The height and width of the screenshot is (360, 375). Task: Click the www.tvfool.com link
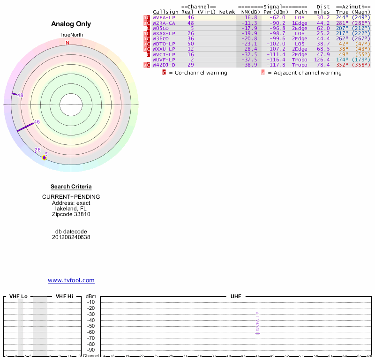[x=71, y=280]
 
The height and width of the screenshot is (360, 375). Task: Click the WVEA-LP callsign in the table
[x=164, y=17]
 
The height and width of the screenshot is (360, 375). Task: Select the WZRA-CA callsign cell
[x=164, y=23]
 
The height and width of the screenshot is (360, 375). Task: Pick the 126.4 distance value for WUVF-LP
[x=322, y=60]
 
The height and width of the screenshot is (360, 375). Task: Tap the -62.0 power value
[x=277, y=17]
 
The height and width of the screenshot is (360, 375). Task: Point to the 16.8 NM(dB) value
[x=251, y=17]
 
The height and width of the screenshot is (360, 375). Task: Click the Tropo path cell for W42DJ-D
[x=300, y=65]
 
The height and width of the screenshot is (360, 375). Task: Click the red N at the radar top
[x=67, y=43]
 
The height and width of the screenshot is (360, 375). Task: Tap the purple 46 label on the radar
[x=37, y=122]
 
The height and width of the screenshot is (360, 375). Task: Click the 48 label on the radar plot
[x=20, y=95]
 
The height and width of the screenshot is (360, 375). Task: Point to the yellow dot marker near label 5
[x=44, y=157]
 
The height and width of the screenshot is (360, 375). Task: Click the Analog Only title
[x=71, y=24]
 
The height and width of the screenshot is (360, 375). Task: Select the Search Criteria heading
[x=71, y=187]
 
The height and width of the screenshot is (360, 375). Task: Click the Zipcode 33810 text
[x=71, y=214]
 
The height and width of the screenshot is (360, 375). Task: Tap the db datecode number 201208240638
[x=71, y=237]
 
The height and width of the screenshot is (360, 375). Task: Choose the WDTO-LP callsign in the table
[x=164, y=44]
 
